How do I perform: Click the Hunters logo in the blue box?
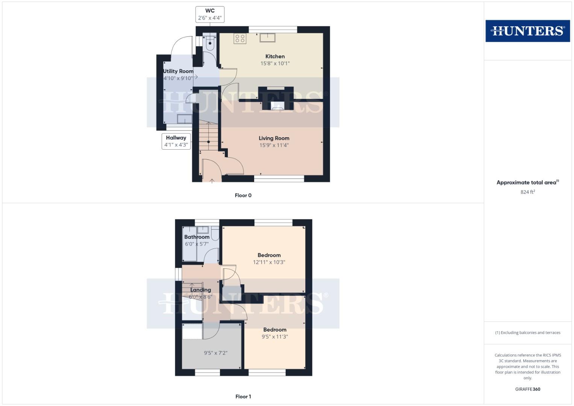527,31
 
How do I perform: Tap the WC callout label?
210,14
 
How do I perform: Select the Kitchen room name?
275,56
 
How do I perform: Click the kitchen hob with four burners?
240,38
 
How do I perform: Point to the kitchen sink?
267,38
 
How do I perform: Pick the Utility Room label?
178,71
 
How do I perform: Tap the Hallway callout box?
176,141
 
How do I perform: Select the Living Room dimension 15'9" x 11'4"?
274,145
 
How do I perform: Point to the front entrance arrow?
212,180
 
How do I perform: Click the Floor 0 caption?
243,195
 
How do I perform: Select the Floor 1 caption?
243,397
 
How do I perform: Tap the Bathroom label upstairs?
197,237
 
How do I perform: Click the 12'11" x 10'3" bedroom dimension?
269,262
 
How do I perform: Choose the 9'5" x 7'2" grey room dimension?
215,353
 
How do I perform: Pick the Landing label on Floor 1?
200,290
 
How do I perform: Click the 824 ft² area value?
527,192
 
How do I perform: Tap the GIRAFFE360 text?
527,389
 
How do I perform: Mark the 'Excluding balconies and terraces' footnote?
527,333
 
